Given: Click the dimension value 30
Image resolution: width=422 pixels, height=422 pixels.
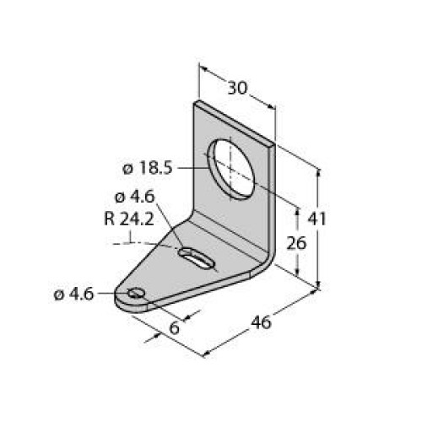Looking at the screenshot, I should pos(237,87).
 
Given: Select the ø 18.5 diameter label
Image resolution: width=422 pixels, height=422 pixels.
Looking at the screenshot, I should pos(148,168).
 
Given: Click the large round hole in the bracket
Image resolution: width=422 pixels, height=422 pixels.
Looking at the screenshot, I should pos(235,165).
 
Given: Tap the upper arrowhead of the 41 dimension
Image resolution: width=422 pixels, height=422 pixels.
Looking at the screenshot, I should pos(319,171).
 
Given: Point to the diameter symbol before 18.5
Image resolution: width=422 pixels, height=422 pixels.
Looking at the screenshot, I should pos(128,168).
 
